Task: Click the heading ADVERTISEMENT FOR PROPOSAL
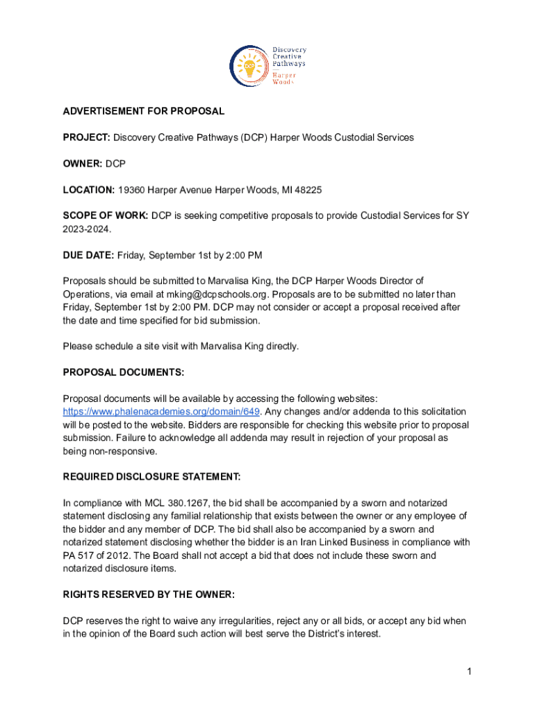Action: [144, 111]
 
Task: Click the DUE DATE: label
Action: [88, 256]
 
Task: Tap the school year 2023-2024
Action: [86, 228]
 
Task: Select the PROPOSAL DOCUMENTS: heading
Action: [124, 372]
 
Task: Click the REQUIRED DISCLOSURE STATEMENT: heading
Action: [152, 476]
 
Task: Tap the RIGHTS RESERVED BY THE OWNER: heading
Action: [149, 594]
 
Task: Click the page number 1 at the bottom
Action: [470, 671]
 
